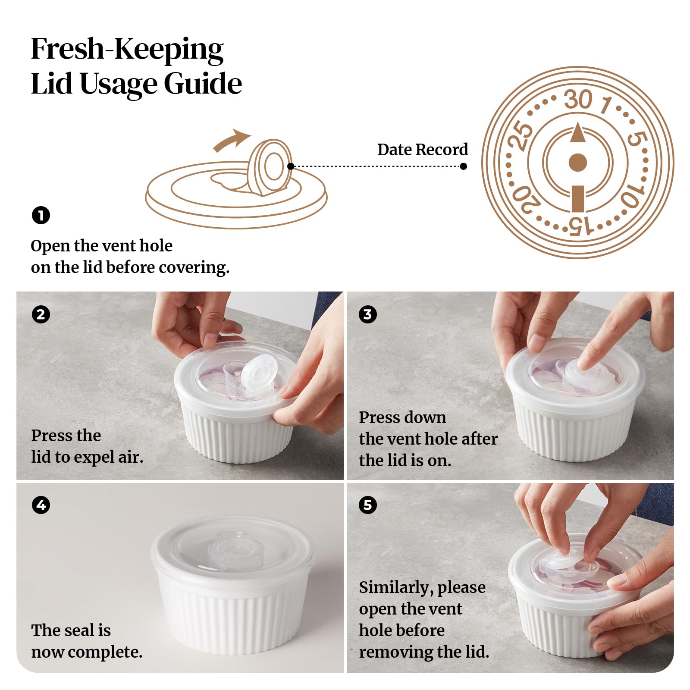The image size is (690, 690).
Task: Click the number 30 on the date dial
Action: pyautogui.click(x=578, y=100)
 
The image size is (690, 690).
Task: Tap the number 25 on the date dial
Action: pyautogui.click(x=520, y=135)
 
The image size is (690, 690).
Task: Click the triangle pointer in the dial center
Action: pyautogui.click(x=578, y=132)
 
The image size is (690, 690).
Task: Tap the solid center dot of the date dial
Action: pyautogui.click(x=578, y=163)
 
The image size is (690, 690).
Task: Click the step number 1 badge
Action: pyautogui.click(x=41, y=215)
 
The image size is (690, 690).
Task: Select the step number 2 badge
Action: pyautogui.click(x=41, y=314)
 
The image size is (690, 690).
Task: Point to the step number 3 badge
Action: pyautogui.click(x=367, y=314)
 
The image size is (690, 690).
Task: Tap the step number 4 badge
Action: pyautogui.click(x=41, y=505)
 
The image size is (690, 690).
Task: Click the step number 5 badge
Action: pyautogui.click(x=367, y=505)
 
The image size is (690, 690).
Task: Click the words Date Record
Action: pyautogui.click(x=423, y=150)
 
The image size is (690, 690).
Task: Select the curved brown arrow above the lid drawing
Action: pyautogui.click(x=231, y=141)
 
